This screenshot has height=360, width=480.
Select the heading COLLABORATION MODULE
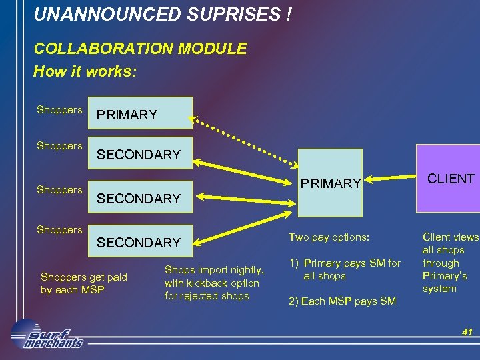pos(140,49)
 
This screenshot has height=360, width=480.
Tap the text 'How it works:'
pos(85,71)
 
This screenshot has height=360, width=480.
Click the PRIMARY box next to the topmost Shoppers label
pos(143,113)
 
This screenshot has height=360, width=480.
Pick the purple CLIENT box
pos(449,179)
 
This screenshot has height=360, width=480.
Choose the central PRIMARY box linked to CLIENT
pos(329,183)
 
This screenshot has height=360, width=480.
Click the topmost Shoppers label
pos(59,110)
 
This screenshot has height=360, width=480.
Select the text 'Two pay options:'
pos(328,237)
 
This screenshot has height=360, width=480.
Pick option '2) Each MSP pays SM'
pos(341,301)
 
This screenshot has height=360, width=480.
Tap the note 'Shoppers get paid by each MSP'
pos(83,283)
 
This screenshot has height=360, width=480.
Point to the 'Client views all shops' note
pos(450,263)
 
